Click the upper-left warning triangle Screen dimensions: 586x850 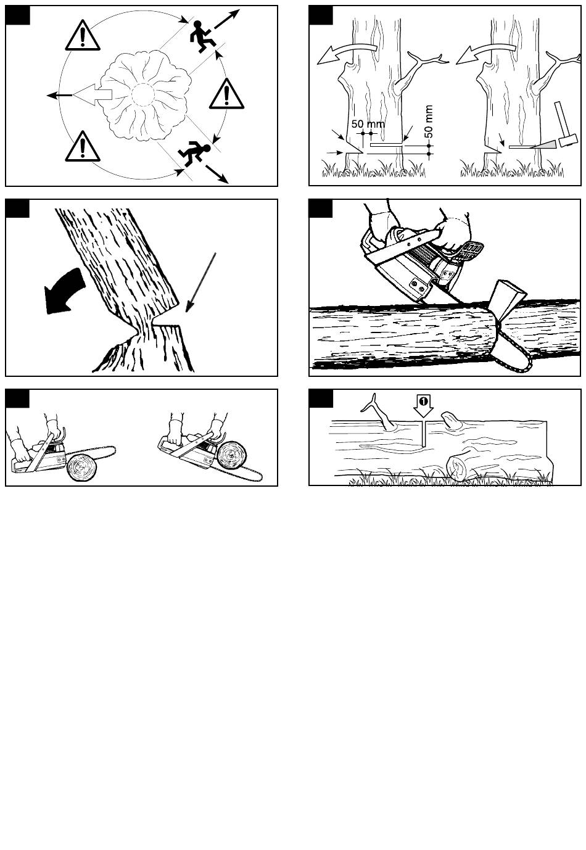click(83, 36)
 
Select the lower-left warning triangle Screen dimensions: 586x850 click(83, 147)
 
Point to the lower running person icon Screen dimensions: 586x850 click(194, 154)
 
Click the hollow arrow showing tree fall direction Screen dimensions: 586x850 click(93, 95)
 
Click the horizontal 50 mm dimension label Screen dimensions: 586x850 click(368, 124)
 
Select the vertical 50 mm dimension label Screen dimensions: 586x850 click(428, 122)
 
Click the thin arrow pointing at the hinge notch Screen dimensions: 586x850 click(200, 283)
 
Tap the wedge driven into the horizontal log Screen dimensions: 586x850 click(508, 300)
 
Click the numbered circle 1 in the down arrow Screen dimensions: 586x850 click(424, 400)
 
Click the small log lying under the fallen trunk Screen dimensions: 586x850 click(462, 466)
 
